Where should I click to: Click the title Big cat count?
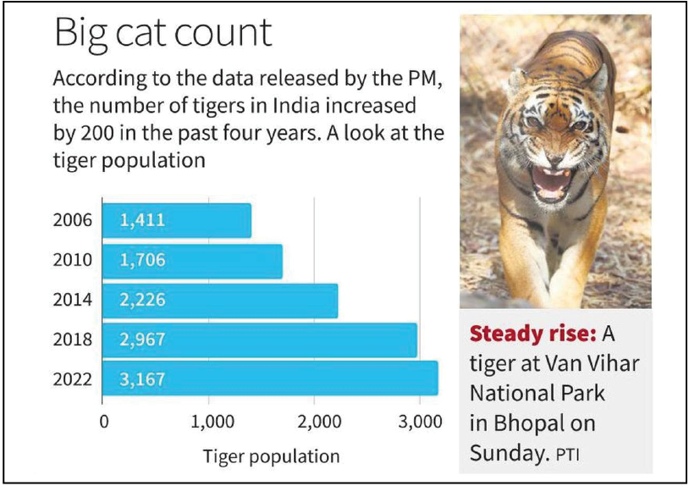click(163, 34)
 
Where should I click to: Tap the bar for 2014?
click(220, 300)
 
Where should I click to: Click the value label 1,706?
click(142, 261)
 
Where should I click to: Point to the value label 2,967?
click(142, 340)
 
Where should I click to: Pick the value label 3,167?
click(142, 378)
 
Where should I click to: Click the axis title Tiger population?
click(271, 456)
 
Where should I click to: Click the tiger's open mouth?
click(550, 181)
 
